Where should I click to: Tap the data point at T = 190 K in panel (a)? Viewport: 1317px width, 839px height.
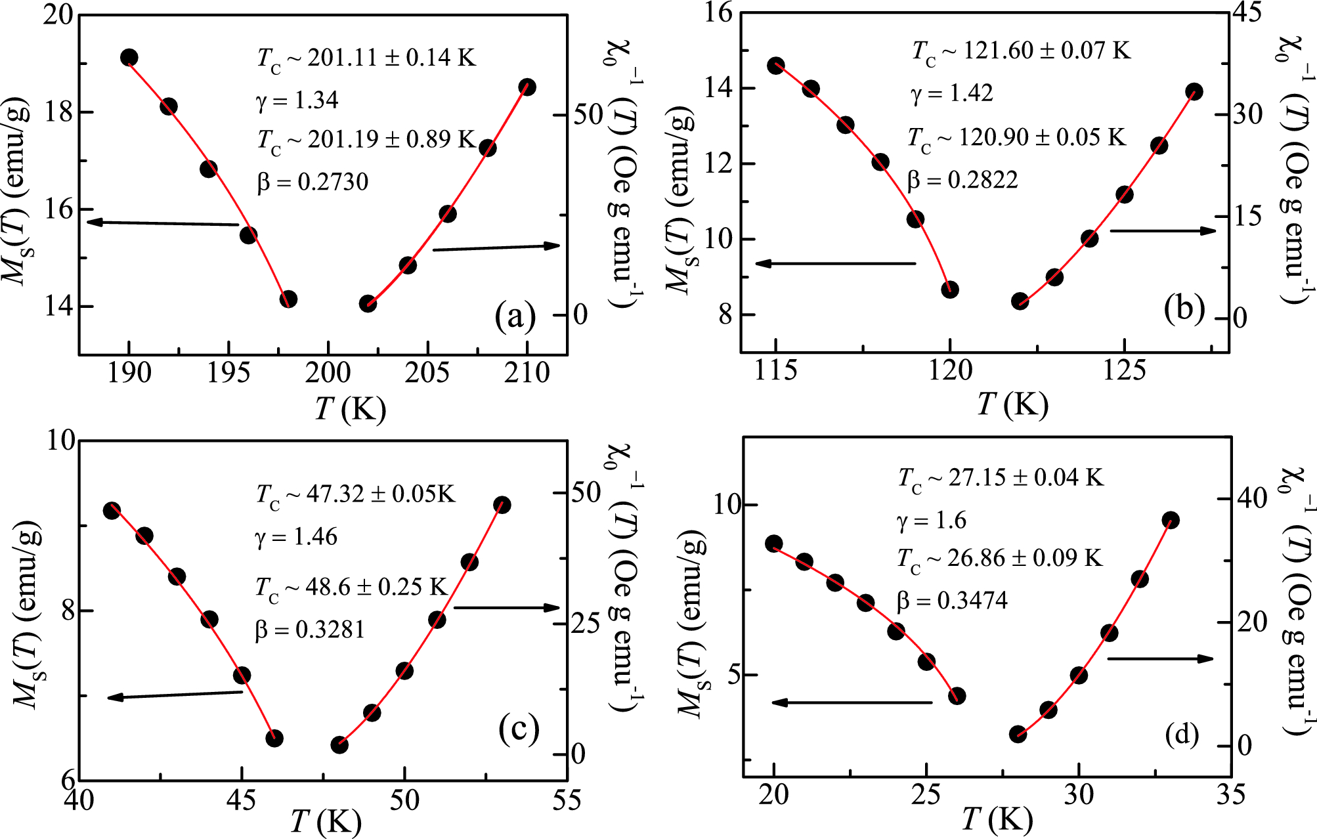click(x=129, y=58)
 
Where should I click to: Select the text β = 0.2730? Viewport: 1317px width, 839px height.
click(x=313, y=182)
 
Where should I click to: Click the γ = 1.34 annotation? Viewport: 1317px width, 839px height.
click(x=297, y=100)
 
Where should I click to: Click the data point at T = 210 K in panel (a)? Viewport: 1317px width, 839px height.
click(x=527, y=87)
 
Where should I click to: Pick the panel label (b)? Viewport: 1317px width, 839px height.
click(x=1184, y=309)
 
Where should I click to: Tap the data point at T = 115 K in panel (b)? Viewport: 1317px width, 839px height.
click(x=776, y=66)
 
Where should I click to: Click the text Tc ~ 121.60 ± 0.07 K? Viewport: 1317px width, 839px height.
click(x=1021, y=51)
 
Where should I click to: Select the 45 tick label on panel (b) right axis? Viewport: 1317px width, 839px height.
click(x=1246, y=13)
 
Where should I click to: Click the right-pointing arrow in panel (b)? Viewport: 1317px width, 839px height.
click(x=1162, y=230)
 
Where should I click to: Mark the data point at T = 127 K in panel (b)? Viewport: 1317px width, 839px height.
click(x=1194, y=92)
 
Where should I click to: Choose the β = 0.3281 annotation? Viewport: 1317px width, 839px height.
click(x=309, y=630)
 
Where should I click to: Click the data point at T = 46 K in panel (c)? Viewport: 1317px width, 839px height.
click(x=274, y=739)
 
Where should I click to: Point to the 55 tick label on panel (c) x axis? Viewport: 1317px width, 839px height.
click(x=566, y=801)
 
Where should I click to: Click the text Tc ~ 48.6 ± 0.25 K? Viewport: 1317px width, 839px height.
click(x=351, y=587)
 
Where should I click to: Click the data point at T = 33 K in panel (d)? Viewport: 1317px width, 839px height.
click(x=1171, y=521)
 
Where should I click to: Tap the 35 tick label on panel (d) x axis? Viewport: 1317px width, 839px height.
click(x=1230, y=796)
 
